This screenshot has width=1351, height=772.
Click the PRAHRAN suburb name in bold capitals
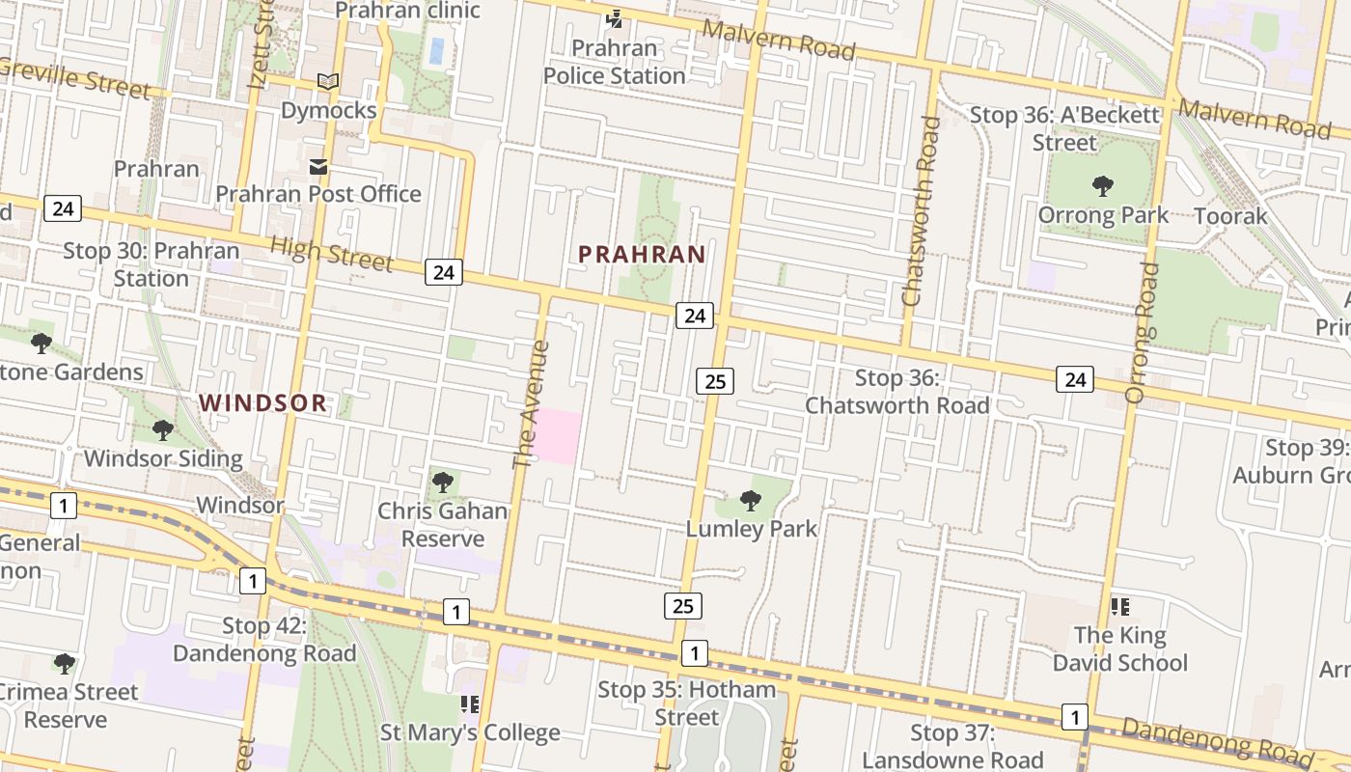(642, 255)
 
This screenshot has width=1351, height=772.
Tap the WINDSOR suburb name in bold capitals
(263, 403)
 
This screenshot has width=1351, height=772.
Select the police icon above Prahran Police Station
(614, 18)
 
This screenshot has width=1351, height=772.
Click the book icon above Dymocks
(328, 82)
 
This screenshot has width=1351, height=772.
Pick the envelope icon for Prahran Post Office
(318, 167)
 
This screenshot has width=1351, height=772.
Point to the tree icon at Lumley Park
(750, 500)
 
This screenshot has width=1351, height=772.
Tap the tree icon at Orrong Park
(1102, 186)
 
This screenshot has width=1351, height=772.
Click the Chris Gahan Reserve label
(443, 524)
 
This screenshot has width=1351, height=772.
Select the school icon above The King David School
(1119, 607)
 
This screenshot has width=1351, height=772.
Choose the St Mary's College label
(470, 732)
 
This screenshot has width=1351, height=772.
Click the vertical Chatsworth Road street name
(921, 212)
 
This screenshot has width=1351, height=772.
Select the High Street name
(331, 254)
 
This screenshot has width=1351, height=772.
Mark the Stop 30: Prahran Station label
(152, 264)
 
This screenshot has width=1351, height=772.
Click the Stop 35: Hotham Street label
(686, 703)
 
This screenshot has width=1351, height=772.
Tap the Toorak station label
(1230, 215)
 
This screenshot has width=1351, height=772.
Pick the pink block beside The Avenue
(557, 436)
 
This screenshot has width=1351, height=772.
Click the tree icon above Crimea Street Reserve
(65, 664)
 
